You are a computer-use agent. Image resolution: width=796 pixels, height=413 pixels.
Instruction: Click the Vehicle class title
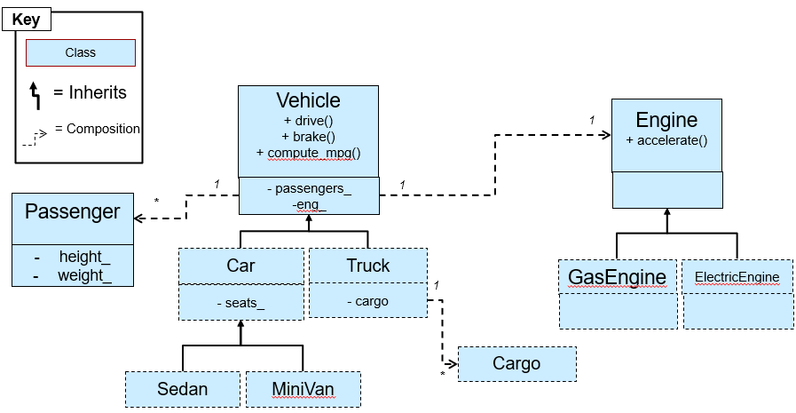(x=308, y=100)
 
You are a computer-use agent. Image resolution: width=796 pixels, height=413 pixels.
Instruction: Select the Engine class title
(x=666, y=120)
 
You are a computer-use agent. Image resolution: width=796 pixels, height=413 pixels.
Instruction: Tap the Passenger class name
(x=72, y=211)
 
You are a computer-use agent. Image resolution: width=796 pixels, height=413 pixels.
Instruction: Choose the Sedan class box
(x=182, y=389)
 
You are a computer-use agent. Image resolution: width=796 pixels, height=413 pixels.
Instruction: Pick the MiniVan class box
(x=303, y=389)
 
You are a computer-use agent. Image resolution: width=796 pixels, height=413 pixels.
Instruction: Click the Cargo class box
(x=516, y=363)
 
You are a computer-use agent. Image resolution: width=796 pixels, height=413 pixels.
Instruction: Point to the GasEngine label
(x=617, y=276)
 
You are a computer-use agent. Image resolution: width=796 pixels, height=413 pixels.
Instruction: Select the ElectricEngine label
(x=737, y=277)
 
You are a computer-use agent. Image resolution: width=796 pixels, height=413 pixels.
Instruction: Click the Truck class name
(x=368, y=266)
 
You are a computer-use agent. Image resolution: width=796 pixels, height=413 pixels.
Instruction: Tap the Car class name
(x=240, y=266)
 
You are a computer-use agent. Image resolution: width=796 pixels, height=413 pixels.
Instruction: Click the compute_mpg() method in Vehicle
(x=308, y=153)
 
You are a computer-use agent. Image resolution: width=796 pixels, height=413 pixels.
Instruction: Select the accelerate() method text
(x=666, y=140)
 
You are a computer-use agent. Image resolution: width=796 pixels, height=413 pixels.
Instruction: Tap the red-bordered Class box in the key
(x=80, y=52)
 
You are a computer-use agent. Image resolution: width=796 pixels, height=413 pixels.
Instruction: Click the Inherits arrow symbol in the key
(x=35, y=93)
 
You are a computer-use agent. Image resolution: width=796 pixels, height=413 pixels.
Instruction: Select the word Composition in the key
(x=103, y=129)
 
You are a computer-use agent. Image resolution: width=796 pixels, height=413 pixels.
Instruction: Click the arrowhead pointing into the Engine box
(x=607, y=135)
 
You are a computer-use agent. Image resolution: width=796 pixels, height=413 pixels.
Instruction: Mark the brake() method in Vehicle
(x=308, y=137)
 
